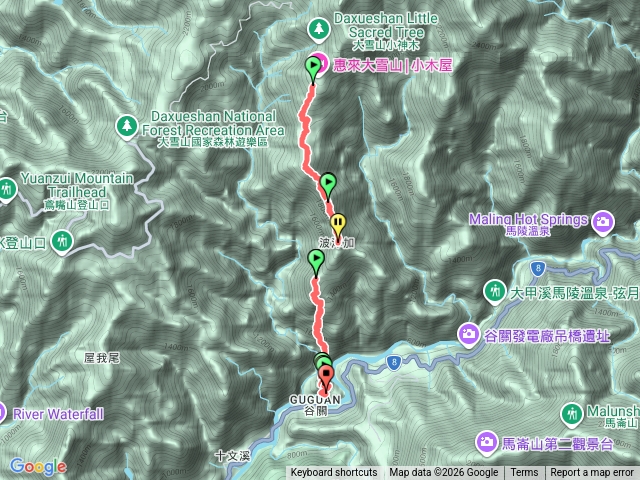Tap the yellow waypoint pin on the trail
338,224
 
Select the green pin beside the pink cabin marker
314,68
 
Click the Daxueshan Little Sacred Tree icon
318,26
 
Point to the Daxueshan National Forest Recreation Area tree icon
127,124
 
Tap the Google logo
37,466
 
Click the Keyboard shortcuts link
334,473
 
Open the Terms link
524,473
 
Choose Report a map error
592,473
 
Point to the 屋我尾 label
102,357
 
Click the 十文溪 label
230,455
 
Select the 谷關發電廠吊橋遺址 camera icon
468,333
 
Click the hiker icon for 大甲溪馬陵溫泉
494,291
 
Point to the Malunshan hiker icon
571,413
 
